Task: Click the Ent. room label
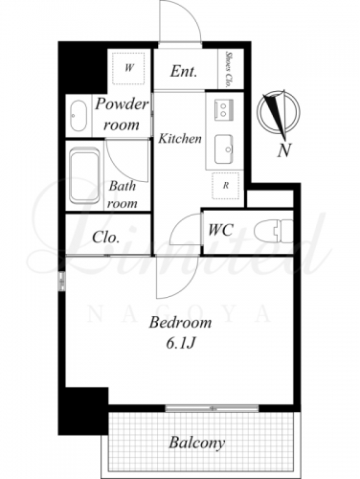[184, 71]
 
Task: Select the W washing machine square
[128, 68]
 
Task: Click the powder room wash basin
[79, 116]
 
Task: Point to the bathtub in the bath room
[84, 177]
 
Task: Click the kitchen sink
[224, 149]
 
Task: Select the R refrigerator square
[226, 186]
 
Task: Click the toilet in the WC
[274, 231]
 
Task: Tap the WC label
[220, 230]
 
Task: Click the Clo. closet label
[106, 238]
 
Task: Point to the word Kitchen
[180, 139]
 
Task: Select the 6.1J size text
[180, 343]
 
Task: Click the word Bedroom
[180, 323]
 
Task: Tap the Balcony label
[197, 443]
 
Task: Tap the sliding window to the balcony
[212, 408]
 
